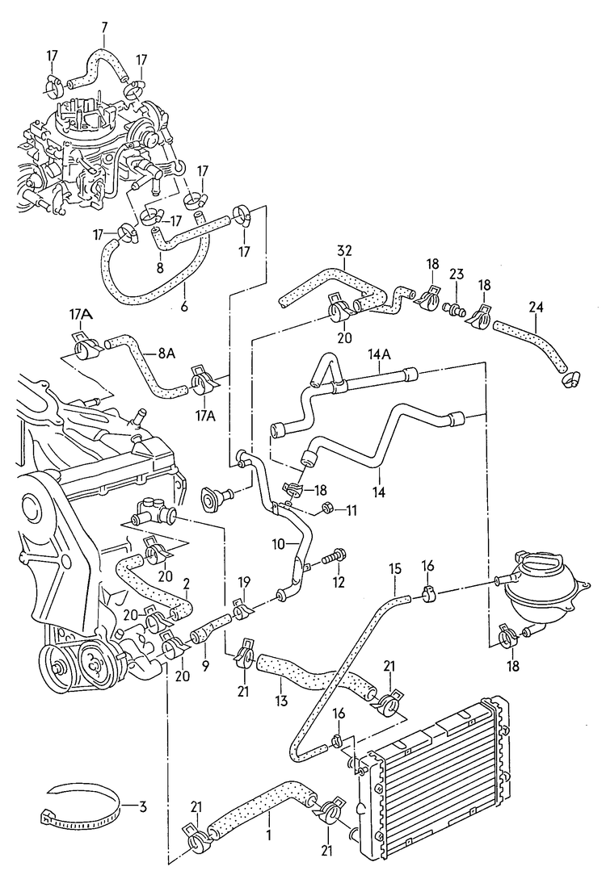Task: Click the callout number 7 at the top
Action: pyautogui.click(x=103, y=28)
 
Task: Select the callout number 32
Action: pyautogui.click(x=344, y=251)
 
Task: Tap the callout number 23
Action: pyautogui.click(x=457, y=275)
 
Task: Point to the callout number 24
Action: pyautogui.click(x=537, y=307)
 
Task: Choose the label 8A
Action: pyautogui.click(x=166, y=352)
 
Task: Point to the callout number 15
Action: pyautogui.click(x=395, y=569)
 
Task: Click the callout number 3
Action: pyautogui.click(x=142, y=806)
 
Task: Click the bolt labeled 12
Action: pyautogui.click(x=334, y=556)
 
